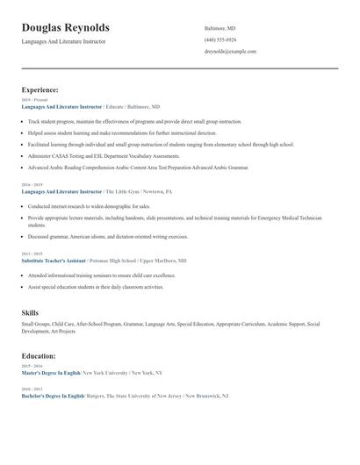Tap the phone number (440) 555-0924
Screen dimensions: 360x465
point(220,40)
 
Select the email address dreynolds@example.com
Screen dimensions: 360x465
point(230,52)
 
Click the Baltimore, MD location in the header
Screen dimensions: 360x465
point(220,29)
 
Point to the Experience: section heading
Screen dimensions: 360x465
point(40,89)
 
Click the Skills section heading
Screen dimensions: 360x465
point(30,312)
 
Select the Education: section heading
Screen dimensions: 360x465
point(39,356)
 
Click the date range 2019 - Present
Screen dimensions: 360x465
point(32,99)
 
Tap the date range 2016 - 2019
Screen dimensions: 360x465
point(31,185)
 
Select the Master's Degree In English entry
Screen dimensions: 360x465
point(50,373)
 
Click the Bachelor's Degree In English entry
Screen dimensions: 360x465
point(53,396)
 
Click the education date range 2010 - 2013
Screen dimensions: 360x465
point(31,389)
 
